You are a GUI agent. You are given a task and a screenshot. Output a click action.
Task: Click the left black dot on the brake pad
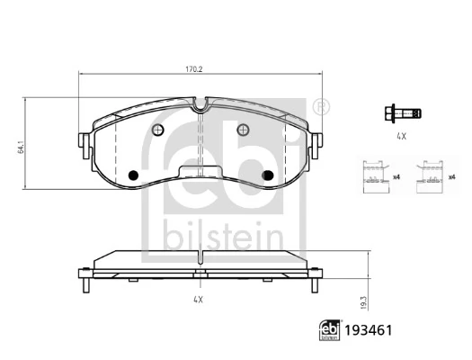click(133, 175)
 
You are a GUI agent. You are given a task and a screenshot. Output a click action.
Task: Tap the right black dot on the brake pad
click(265, 175)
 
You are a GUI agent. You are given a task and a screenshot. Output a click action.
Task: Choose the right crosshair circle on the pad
click(241, 130)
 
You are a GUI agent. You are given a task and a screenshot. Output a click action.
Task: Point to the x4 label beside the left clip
click(396, 177)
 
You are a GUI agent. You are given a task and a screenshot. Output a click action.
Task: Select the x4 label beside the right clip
click(450, 177)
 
